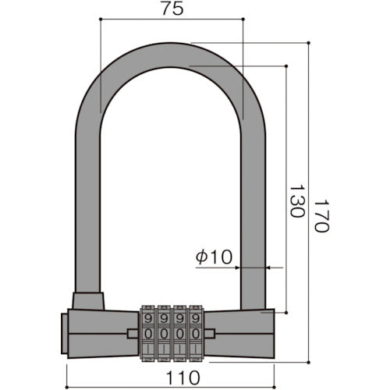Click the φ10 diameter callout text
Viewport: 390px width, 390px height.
[x=214, y=257]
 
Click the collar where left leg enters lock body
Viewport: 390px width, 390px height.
[x=88, y=300]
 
